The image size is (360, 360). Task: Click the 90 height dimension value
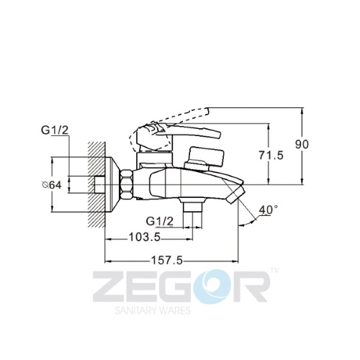pyautogui.click(x=302, y=145)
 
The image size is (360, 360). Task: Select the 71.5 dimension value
pyautogui.click(x=271, y=156)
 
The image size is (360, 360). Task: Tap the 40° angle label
pyautogui.click(x=269, y=210)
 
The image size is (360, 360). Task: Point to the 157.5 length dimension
pyautogui.click(x=167, y=261)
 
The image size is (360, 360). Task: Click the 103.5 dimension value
pyautogui.click(x=145, y=238)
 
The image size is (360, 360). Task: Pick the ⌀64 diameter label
pyautogui.click(x=52, y=185)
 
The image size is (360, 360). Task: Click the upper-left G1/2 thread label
pyautogui.click(x=55, y=130)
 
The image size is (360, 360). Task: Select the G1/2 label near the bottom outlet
pyautogui.click(x=159, y=221)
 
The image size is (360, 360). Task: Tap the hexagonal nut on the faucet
pyautogui.click(x=127, y=184)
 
